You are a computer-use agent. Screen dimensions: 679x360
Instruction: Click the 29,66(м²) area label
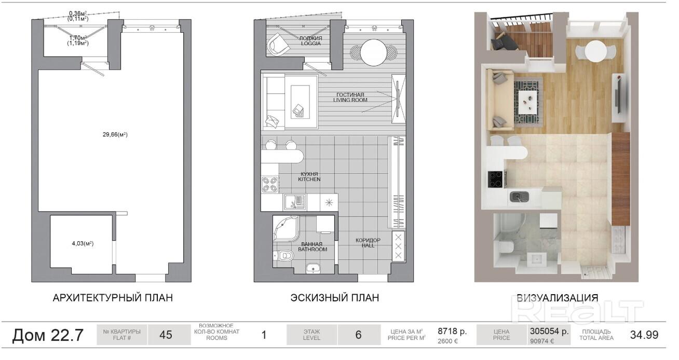point(115,134)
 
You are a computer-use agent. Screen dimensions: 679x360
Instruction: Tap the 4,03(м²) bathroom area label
point(83,243)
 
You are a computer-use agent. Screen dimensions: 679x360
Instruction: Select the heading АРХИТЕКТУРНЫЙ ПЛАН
point(113,298)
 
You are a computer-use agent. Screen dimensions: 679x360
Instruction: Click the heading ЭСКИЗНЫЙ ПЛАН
point(335,298)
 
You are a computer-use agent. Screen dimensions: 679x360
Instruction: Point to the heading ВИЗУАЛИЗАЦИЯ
point(557,298)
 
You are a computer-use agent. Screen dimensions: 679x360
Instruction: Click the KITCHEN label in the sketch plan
point(309,179)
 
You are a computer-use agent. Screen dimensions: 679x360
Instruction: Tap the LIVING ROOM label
point(350,100)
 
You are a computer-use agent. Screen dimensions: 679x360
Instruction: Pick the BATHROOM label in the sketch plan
point(313,250)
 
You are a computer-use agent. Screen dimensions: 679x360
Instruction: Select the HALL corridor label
point(368,245)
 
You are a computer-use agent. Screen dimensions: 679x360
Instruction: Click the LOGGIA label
point(311,43)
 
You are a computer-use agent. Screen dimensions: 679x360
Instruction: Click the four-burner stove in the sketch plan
point(270,184)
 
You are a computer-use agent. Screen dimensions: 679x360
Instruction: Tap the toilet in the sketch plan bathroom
point(284,256)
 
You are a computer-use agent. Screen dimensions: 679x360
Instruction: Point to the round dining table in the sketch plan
point(373,52)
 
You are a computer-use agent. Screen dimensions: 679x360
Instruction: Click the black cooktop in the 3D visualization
point(495,179)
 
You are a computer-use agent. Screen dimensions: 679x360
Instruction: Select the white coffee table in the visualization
point(528,102)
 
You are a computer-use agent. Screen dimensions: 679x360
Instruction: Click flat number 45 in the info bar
point(166,335)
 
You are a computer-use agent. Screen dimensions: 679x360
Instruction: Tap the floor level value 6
point(358,335)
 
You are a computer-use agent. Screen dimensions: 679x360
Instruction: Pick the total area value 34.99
point(644,335)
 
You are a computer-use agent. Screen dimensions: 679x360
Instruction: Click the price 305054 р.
point(549,331)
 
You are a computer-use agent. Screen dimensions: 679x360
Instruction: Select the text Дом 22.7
point(48,335)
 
